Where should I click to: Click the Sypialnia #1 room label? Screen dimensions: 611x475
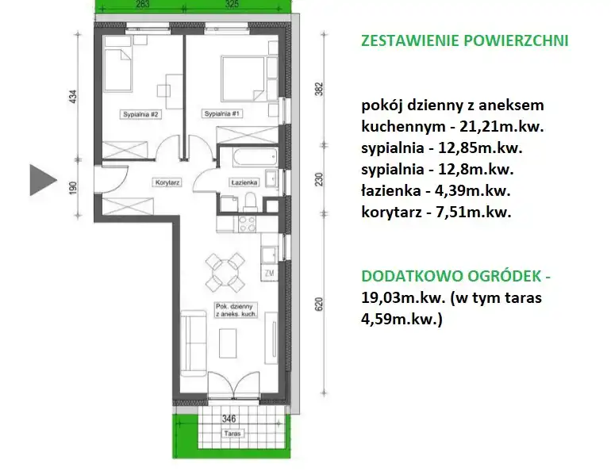[x=221, y=113]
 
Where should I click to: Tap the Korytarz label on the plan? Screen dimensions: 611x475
[x=167, y=182]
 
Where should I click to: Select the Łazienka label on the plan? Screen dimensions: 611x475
[x=244, y=182]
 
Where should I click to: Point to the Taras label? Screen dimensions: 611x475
[x=232, y=433]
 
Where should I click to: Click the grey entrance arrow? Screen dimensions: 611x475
[x=41, y=180]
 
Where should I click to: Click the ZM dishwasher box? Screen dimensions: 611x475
[x=269, y=273]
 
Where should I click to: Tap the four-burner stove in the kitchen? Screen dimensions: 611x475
[x=247, y=224]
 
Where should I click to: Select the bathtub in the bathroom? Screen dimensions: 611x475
[x=255, y=156]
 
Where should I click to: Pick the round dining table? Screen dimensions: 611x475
[x=225, y=272]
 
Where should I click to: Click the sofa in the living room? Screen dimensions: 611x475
[x=194, y=343]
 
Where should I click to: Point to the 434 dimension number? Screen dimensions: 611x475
[x=73, y=97]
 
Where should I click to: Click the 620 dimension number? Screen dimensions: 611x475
[x=319, y=304]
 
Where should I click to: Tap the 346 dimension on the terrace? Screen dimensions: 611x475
[x=229, y=419]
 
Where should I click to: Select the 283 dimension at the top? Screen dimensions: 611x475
[x=143, y=4]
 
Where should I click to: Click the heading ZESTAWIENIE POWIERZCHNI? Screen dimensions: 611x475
[x=465, y=40]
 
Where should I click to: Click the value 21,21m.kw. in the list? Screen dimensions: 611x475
[x=501, y=127]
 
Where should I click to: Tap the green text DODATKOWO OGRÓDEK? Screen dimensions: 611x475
[x=452, y=276]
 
